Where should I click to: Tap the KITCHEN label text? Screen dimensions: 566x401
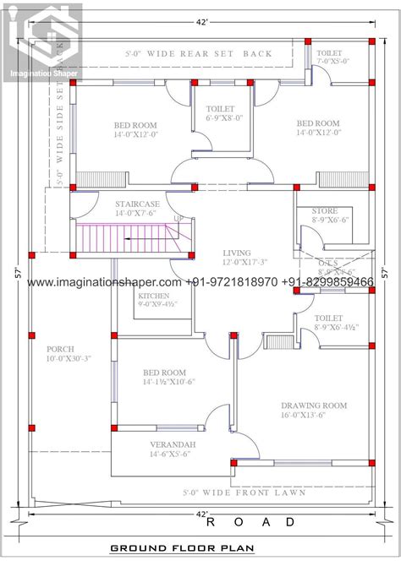tap(154, 297)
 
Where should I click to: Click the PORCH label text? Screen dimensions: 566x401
tap(61, 348)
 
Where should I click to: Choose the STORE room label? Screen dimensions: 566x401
tap(324, 210)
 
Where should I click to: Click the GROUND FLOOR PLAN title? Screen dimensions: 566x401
tap(181, 548)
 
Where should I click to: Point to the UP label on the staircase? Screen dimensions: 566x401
tap(179, 219)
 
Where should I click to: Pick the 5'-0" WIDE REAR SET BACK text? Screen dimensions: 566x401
tap(210, 53)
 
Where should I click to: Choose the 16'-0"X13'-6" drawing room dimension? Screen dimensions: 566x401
tap(315, 416)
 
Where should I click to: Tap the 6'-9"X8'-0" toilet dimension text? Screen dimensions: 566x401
tap(224, 118)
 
